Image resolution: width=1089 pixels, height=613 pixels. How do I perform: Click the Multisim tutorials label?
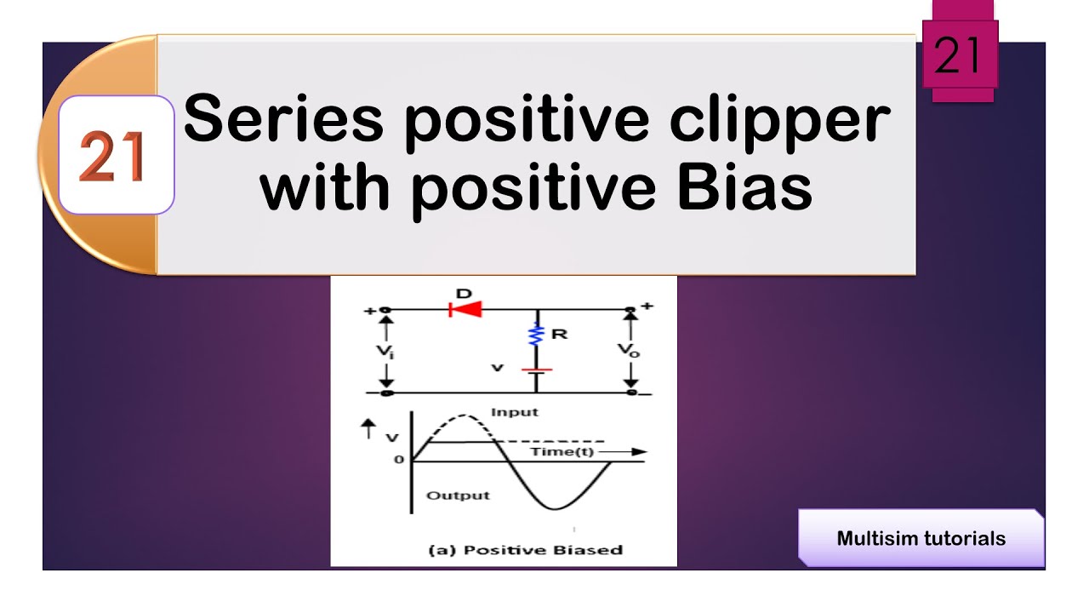pyautogui.click(x=921, y=538)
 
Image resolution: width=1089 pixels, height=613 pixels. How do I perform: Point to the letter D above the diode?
pyautogui.click(x=464, y=293)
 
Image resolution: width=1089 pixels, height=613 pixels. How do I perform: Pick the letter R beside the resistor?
pyautogui.click(x=559, y=334)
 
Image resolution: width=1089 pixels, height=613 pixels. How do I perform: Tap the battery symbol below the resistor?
pyautogui.click(x=537, y=372)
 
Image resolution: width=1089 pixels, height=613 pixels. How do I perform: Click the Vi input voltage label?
pyautogui.click(x=386, y=351)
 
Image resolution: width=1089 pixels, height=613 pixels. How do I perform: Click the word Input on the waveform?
pyautogui.click(x=515, y=412)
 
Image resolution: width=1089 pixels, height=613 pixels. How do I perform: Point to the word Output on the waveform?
pyautogui.click(x=458, y=496)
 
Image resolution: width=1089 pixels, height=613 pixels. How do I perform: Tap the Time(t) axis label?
pyautogui.click(x=563, y=451)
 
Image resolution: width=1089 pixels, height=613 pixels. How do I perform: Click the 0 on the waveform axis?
pyautogui.click(x=398, y=461)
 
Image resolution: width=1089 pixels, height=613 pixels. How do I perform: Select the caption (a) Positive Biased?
pyautogui.click(x=524, y=549)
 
